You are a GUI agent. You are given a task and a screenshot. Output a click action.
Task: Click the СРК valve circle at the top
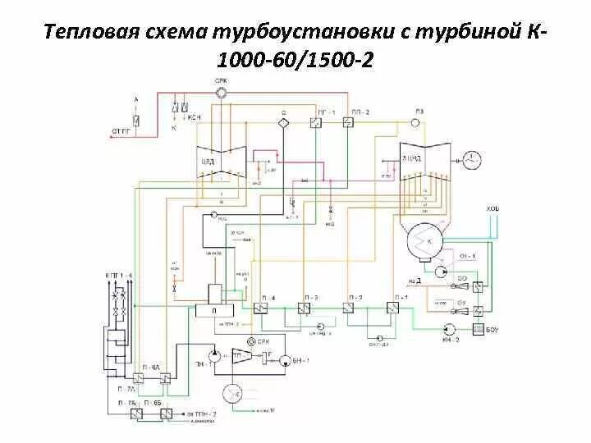click(x=221, y=94)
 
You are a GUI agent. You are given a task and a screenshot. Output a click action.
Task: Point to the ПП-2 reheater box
click(x=348, y=123)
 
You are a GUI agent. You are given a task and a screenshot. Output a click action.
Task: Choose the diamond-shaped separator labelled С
click(x=284, y=122)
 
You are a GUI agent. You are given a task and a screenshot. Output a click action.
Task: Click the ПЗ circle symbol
click(x=416, y=122)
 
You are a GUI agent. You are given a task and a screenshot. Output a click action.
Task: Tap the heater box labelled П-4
click(x=263, y=308)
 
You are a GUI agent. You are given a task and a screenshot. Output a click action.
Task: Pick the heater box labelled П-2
click(x=350, y=308)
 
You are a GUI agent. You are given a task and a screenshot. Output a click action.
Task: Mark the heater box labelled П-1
click(x=393, y=308)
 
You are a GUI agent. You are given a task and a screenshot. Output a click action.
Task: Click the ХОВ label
click(x=492, y=211)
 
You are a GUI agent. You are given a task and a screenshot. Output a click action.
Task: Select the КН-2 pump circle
click(x=447, y=327)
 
